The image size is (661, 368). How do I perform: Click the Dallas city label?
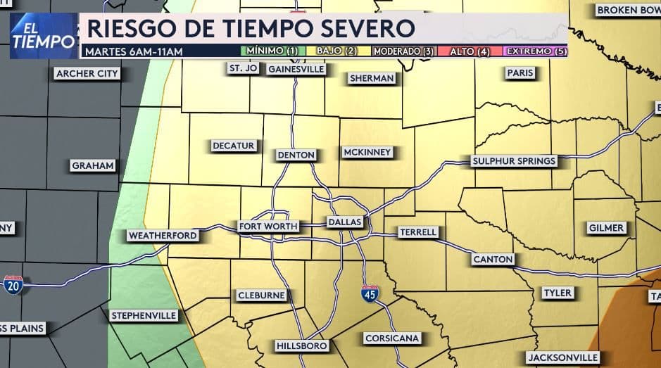pyautogui.click(x=345, y=222)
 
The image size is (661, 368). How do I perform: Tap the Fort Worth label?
pyautogui.click(x=268, y=227)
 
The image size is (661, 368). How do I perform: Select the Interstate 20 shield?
pyautogui.click(x=13, y=284)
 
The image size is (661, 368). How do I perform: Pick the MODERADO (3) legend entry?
pyautogui.click(x=403, y=51)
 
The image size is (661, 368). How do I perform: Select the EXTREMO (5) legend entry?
pyautogui.click(x=536, y=51)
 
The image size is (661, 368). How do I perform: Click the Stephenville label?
pyautogui.click(x=144, y=316)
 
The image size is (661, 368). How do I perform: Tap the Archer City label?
pyautogui.click(x=87, y=74)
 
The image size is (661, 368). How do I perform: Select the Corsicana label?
pyautogui.click(x=392, y=338)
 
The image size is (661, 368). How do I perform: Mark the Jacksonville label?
pyautogui.click(x=563, y=357)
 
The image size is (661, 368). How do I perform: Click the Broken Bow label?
pyautogui.click(x=627, y=11)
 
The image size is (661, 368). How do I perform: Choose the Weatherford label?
pyautogui.click(x=163, y=236)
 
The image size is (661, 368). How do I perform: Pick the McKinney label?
pyautogui.click(x=367, y=152)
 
